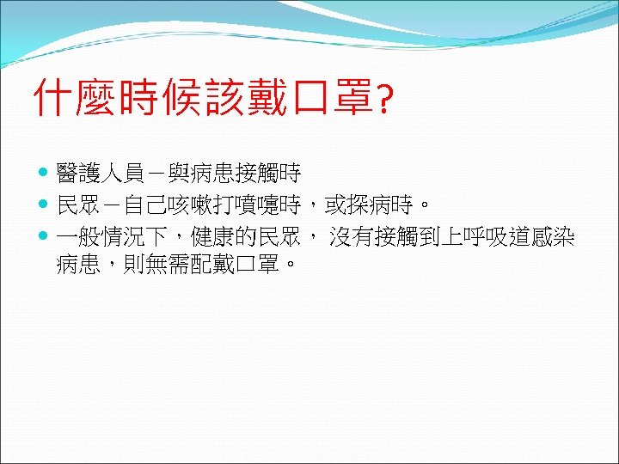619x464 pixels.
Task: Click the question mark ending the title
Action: pyautogui.click(x=384, y=100)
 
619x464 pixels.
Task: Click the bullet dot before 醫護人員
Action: pyautogui.click(x=45, y=175)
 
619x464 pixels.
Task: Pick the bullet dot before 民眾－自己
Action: pyautogui.click(x=45, y=206)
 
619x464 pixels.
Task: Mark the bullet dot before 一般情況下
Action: pyautogui.click(x=45, y=237)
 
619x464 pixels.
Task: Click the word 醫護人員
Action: pyautogui.click(x=100, y=175)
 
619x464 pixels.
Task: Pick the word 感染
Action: pyautogui.click(x=553, y=237)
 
